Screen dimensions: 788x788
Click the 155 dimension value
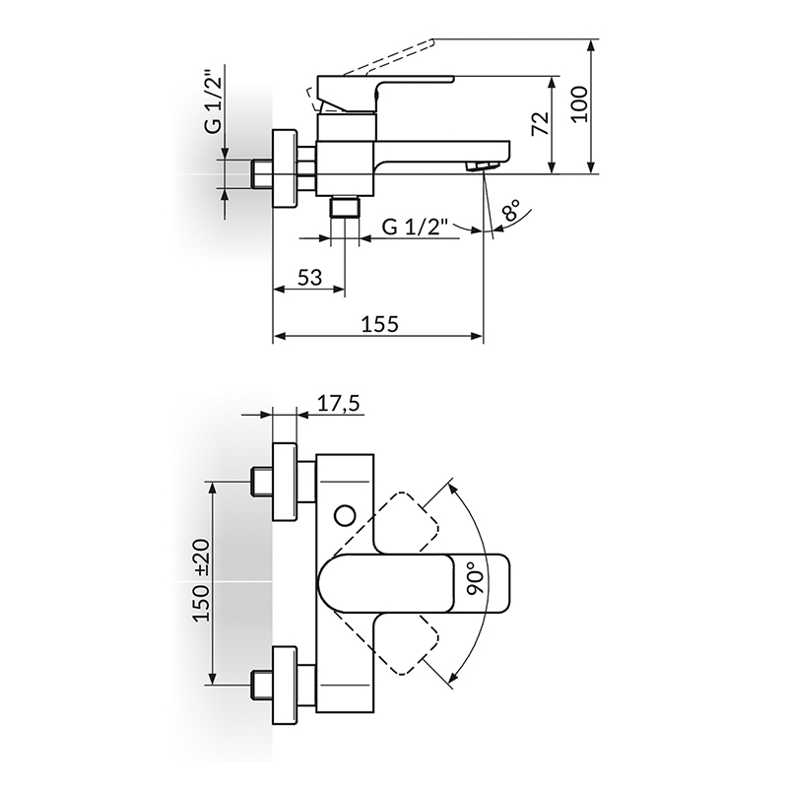pyautogui.click(x=380, y=324)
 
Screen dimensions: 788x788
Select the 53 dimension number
pyautogui.click(x=309, y=277)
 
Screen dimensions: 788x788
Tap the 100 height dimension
pyautogui.click(x=579, y=103)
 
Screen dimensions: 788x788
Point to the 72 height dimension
pyautogui.click(x=539, y=124)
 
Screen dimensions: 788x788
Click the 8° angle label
pyautogui.click(x=510, y=210)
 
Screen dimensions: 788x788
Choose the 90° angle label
pyautogui.click(x=474, y=583)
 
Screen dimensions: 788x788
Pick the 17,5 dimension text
pyautogui.click(x=339, y=404)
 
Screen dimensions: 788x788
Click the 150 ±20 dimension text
pyautogui.click(x=202, y=580)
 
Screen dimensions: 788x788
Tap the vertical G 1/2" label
pyautogui.click(x=213, y=102)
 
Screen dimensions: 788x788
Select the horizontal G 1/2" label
pyautogui.click(x=415, y=228)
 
